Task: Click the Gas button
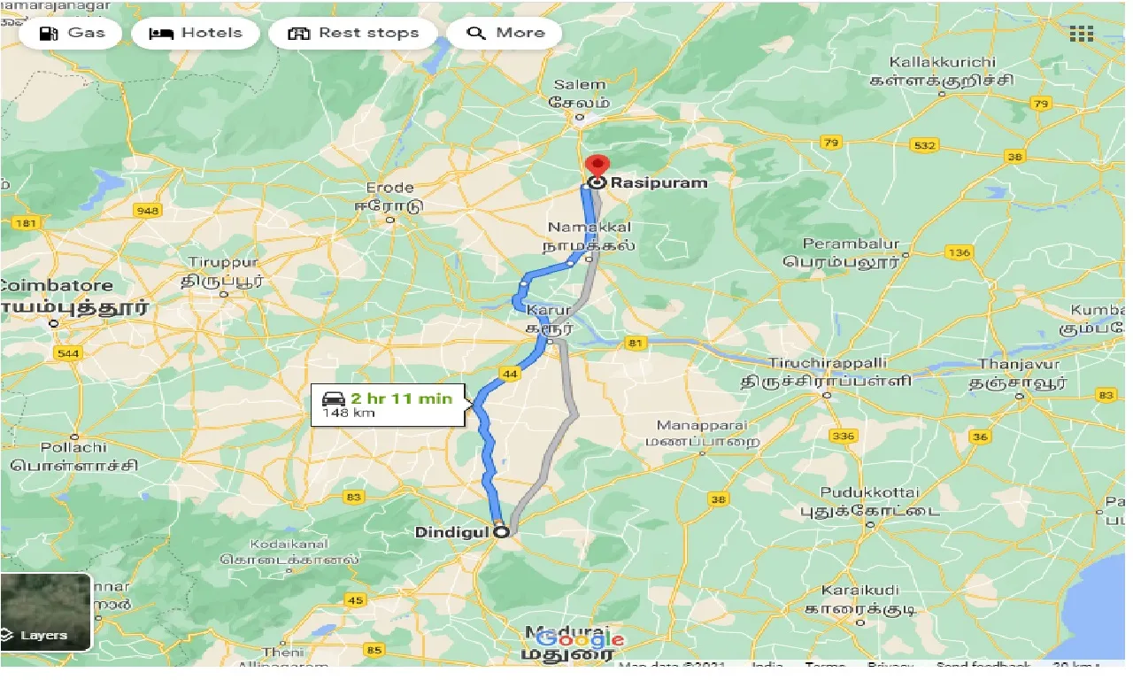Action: tap(73, 34)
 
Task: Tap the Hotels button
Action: tap(196, 34)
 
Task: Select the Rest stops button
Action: tap(353, 34)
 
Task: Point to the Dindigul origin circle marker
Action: tap(501, 532)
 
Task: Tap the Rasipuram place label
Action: tap(659, 182)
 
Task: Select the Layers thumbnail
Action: tap(45, 612)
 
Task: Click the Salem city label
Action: tap(580, 85)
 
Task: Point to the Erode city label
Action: tap(390, 188)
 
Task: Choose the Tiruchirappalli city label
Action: tap(827, 364)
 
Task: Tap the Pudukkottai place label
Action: tap(870, 492)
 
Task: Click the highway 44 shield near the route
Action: tap(509, 375)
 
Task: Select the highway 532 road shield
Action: tap(924, 145)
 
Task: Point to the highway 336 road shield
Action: tap(844, 436)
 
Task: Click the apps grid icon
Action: tap(1081, 35)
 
